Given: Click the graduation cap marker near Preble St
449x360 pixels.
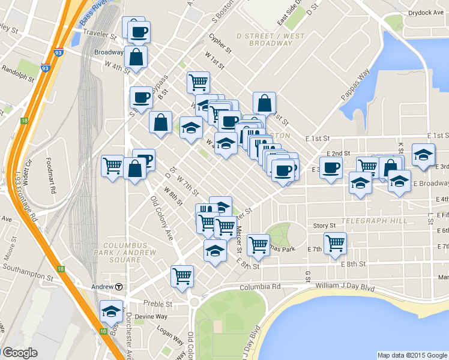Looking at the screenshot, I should click(x=111, y=311).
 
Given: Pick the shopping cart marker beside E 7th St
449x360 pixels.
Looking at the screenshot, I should click(x=336, y=243).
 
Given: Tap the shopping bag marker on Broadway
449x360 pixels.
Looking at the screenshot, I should click(x=136, y=57).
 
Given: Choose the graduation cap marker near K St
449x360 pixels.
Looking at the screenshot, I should click(x=423, y=154).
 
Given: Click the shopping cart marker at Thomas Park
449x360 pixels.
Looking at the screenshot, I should click(x=258, y=244).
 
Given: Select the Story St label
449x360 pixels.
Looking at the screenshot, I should click(x=324, y=226).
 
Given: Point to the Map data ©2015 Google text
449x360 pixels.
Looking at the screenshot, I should click(x=412, y=355).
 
